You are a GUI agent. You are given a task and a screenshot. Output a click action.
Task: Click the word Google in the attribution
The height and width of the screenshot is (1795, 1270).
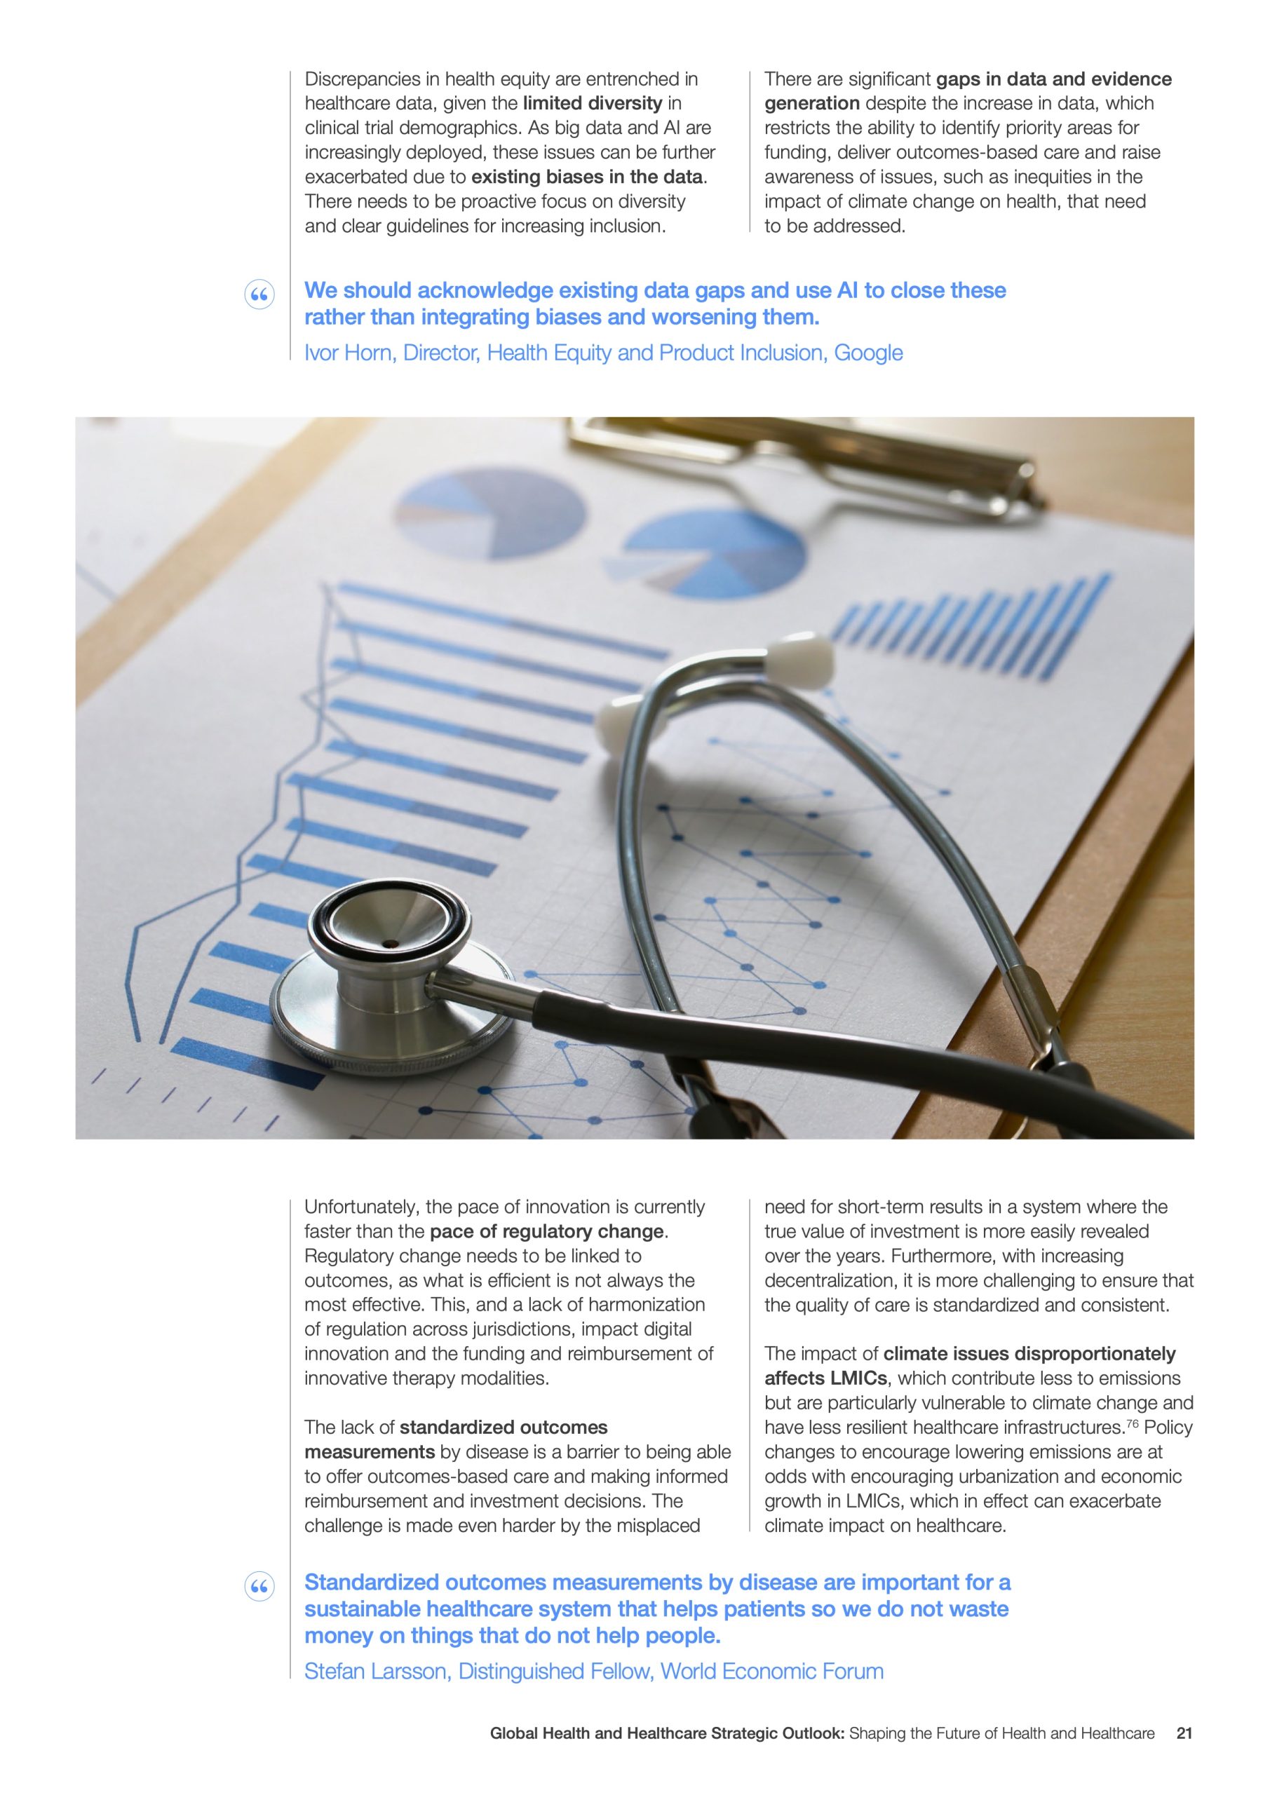click(868, 353)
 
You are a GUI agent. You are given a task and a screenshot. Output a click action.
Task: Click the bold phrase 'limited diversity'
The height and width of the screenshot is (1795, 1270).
click(592, 103)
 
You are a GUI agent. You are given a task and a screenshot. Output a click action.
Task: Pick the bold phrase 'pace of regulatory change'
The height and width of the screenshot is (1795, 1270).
click(546, 1231)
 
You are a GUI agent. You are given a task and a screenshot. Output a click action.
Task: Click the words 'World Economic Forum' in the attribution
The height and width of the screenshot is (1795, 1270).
click(772, 1671)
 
